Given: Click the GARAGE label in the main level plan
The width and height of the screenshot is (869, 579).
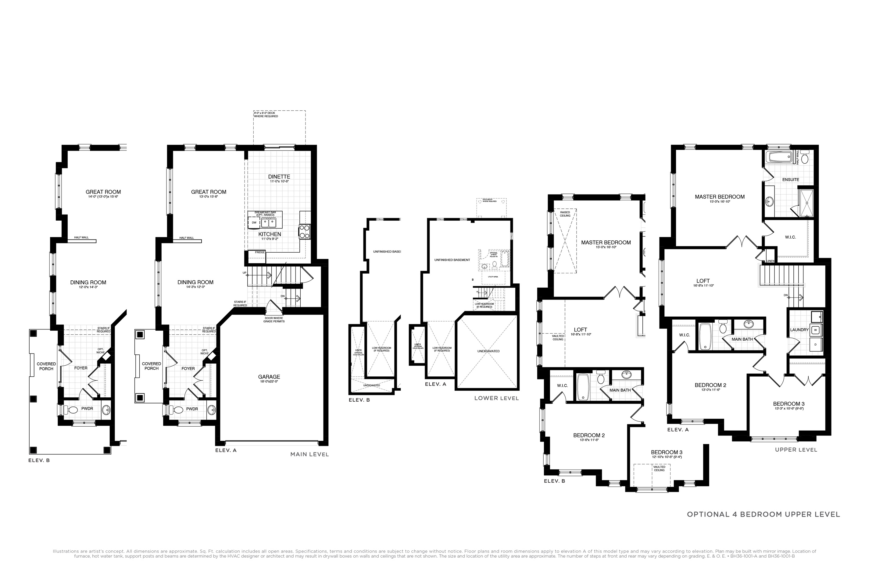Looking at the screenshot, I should click(x=269, y=377).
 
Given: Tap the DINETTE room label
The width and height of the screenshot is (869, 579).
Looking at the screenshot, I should click(x=279, y=177).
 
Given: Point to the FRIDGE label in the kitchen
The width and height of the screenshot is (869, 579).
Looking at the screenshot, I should click(x=260, y=252).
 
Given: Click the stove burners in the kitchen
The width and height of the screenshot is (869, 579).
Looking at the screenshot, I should click(x=304, y=232).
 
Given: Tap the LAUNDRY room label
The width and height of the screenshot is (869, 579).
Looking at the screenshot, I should click(x=799, y=330).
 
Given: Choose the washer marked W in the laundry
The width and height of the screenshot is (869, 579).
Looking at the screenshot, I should click(x=815, y=330).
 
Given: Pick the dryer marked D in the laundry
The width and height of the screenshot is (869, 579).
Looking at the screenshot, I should click(x=815, y=344).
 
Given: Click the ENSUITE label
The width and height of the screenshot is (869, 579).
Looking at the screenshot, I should click(x=790, y=179).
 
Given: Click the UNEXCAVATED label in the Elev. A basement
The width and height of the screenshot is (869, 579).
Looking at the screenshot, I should click(x=488, y=351).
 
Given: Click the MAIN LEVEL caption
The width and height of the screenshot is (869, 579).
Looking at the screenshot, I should click(x=309, y=454).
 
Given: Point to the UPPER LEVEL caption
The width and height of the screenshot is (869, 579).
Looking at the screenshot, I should click(x=796, y=450).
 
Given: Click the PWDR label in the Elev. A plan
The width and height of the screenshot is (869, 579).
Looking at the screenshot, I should click(x=192, y=409).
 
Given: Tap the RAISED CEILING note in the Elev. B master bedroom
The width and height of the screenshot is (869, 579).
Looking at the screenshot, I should click(x=565, y=214).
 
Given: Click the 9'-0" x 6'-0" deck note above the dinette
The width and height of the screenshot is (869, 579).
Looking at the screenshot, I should click(x=266, y=115).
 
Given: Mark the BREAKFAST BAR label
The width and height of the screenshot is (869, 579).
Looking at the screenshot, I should click(x=265, y=213).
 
